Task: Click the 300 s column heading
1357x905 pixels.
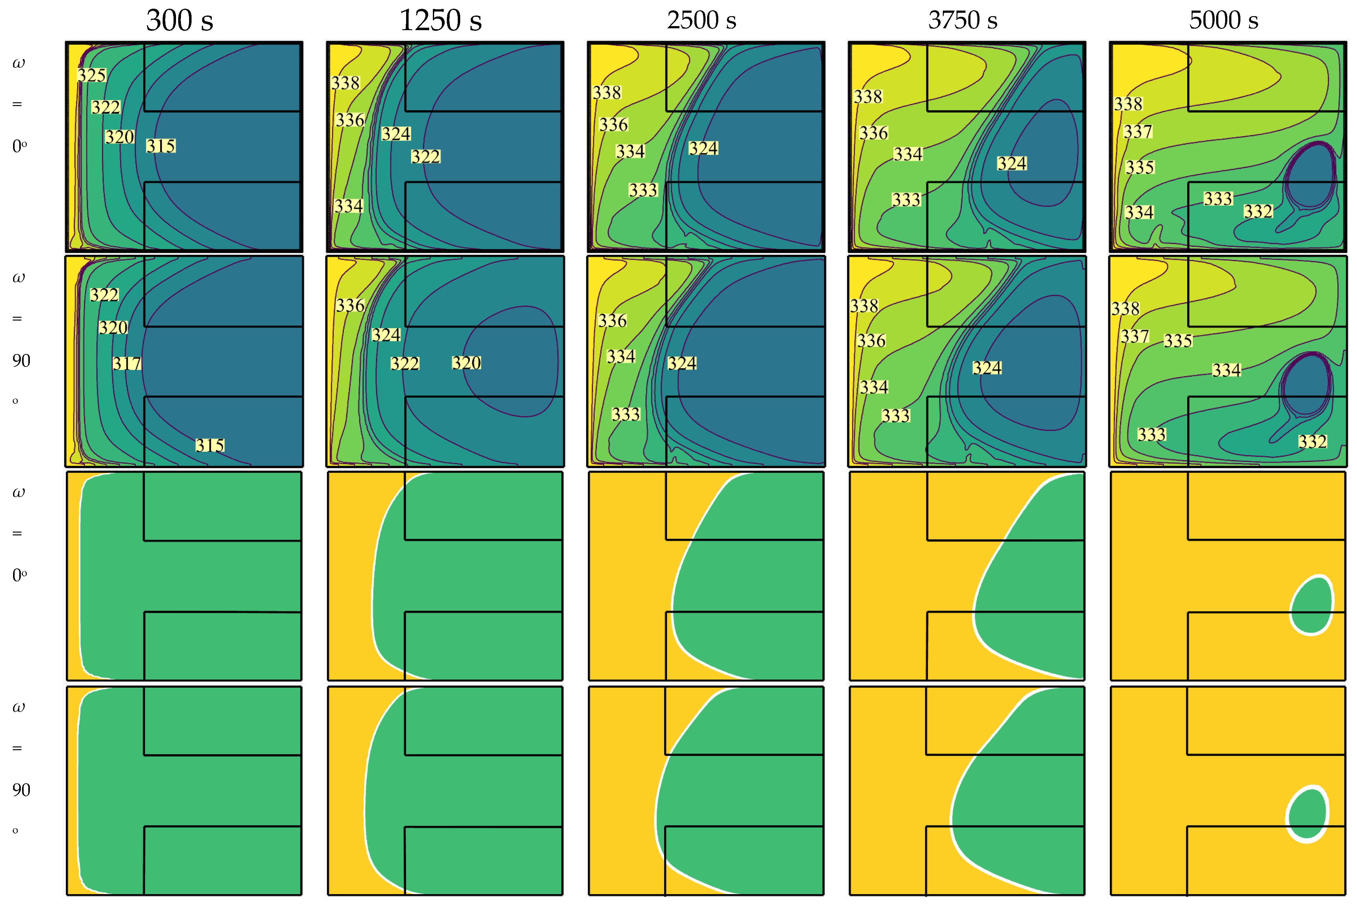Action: point(179,21)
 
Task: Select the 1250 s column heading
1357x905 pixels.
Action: point(440,21)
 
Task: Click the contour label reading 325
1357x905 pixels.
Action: point(92,75)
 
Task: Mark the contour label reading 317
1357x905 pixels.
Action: point(127,364)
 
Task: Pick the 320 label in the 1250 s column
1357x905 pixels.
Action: point(466,362)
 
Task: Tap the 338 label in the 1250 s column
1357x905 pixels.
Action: point(345,83)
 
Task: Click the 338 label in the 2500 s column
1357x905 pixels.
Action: point(607,92)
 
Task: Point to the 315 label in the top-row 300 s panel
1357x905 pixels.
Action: point(160,146)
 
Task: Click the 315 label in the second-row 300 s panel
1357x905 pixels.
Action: point(210,445)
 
